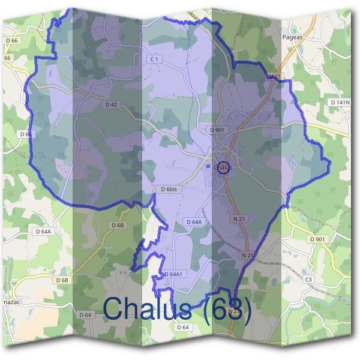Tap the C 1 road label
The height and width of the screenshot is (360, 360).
click(x=154, y=59)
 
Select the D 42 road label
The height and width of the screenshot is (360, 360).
click(x=110, y=104)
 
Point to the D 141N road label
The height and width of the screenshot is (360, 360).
click(x=339, y=103)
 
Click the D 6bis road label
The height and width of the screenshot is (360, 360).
click(x=170, y=189)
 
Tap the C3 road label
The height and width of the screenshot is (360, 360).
click(x=309, y=280)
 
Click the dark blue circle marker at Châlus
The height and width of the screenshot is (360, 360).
click(x=224, y=167)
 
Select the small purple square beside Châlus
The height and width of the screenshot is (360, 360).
click(x=208, y=166)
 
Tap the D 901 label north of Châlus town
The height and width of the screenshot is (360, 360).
click(x=217, y=130)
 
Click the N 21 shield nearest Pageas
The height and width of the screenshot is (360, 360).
click(x=274, y=76)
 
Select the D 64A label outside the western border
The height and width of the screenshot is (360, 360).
click(x=44, y=231)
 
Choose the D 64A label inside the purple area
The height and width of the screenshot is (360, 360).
click(x=193, y=222)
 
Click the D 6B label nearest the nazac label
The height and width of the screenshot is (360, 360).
click(x=62, y=280)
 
